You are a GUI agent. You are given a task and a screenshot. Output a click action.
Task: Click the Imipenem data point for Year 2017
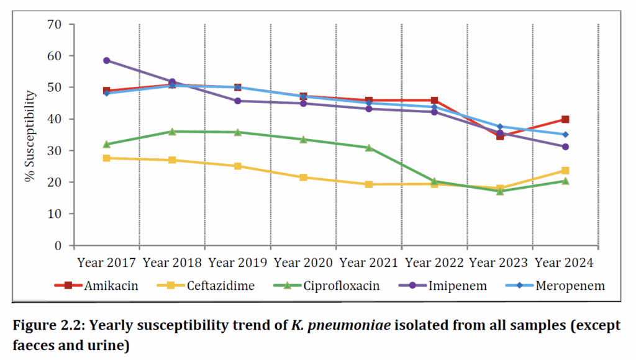106,60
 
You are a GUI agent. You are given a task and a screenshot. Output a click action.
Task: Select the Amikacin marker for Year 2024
565,119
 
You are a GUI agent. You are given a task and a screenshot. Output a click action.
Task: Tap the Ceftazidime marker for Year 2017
106,158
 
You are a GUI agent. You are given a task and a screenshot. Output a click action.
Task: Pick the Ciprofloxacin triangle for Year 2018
172,132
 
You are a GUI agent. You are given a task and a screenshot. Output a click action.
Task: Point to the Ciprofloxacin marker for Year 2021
369,148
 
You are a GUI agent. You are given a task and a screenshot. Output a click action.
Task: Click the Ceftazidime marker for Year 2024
565,170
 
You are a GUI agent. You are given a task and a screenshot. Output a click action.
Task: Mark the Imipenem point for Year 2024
565,147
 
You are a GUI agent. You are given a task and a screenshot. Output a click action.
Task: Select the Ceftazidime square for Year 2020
303,178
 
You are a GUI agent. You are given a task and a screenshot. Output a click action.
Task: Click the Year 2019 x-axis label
237,263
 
